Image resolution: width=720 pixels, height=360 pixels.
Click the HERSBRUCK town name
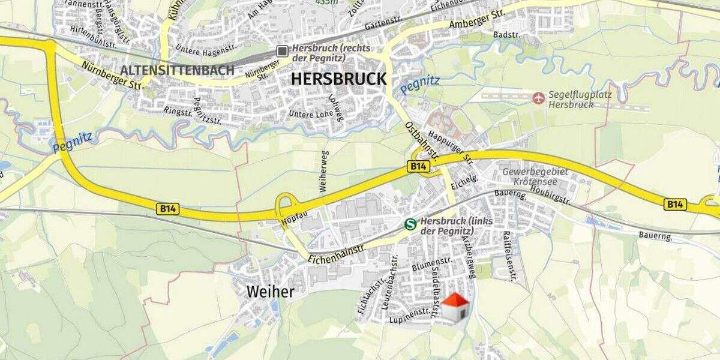point(339,79)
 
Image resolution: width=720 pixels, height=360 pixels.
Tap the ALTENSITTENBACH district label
point(177,70)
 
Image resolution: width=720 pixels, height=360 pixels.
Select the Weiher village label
point(271,292)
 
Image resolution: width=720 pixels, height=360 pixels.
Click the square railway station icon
point(282,52)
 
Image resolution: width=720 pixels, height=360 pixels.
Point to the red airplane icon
point(538,97)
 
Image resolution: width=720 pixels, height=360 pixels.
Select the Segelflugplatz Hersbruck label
point(571,100)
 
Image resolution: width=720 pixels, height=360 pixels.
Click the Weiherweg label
point(324,172)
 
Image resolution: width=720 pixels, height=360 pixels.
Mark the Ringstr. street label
point(176,111)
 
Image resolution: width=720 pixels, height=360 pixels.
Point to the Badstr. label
point(505,35)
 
